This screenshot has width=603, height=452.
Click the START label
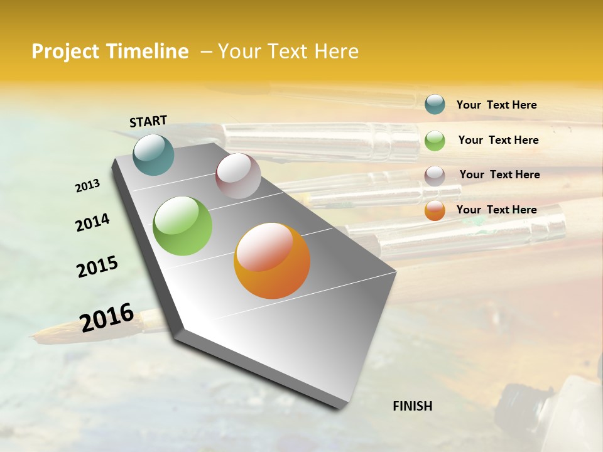point(148,121)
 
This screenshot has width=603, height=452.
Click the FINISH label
point(412,406)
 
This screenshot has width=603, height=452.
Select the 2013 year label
point(88,185)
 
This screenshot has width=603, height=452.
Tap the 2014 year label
point(92,222)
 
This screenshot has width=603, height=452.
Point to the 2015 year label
point(97,267)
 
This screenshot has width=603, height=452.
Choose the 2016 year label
point(107,317)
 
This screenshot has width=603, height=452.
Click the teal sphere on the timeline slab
point(154,154)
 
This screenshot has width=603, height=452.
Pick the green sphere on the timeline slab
point(183,226)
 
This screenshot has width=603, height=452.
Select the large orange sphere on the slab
point(272,261)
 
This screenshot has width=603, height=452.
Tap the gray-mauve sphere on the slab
point(238,176)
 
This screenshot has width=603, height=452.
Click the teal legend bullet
point(435,105)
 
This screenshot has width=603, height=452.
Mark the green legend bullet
point(435,140)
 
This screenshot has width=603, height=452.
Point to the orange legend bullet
point(435,210)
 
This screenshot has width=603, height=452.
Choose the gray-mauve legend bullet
point(435,175)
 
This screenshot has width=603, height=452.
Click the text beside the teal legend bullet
point(496,105)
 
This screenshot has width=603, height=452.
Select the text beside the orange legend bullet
point(496,210)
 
